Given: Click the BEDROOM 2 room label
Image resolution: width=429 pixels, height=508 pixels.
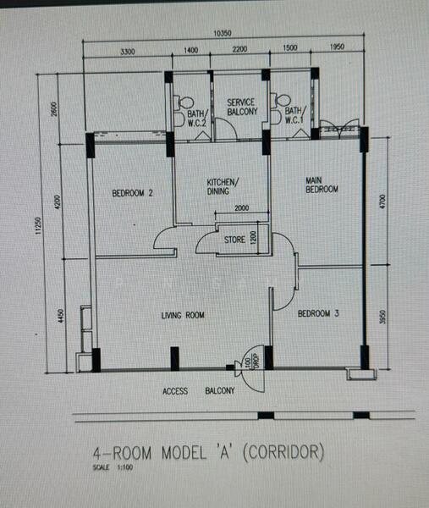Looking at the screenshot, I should tap(132, 193).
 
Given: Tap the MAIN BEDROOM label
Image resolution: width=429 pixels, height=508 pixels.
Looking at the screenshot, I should tap(322, 185).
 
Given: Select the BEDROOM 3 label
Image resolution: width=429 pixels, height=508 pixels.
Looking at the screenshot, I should tap(318, 314).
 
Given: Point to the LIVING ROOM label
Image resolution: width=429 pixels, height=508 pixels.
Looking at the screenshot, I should tap(184, 316).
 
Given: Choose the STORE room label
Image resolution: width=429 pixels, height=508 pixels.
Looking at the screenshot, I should tap(234, 240).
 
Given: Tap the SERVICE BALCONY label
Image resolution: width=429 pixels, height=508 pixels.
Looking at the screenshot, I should tap(241, 107).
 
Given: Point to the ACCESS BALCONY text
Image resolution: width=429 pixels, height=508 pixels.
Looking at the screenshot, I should tap(199, 392).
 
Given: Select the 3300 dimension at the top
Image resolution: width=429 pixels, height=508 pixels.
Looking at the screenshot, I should tap(127, 52).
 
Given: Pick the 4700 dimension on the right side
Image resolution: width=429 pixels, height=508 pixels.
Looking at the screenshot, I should tap(382, 202).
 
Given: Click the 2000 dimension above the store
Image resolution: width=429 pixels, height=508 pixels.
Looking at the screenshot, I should tap(241, 208).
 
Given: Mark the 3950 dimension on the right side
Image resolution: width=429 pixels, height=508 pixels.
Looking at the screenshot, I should tap(382, 317).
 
